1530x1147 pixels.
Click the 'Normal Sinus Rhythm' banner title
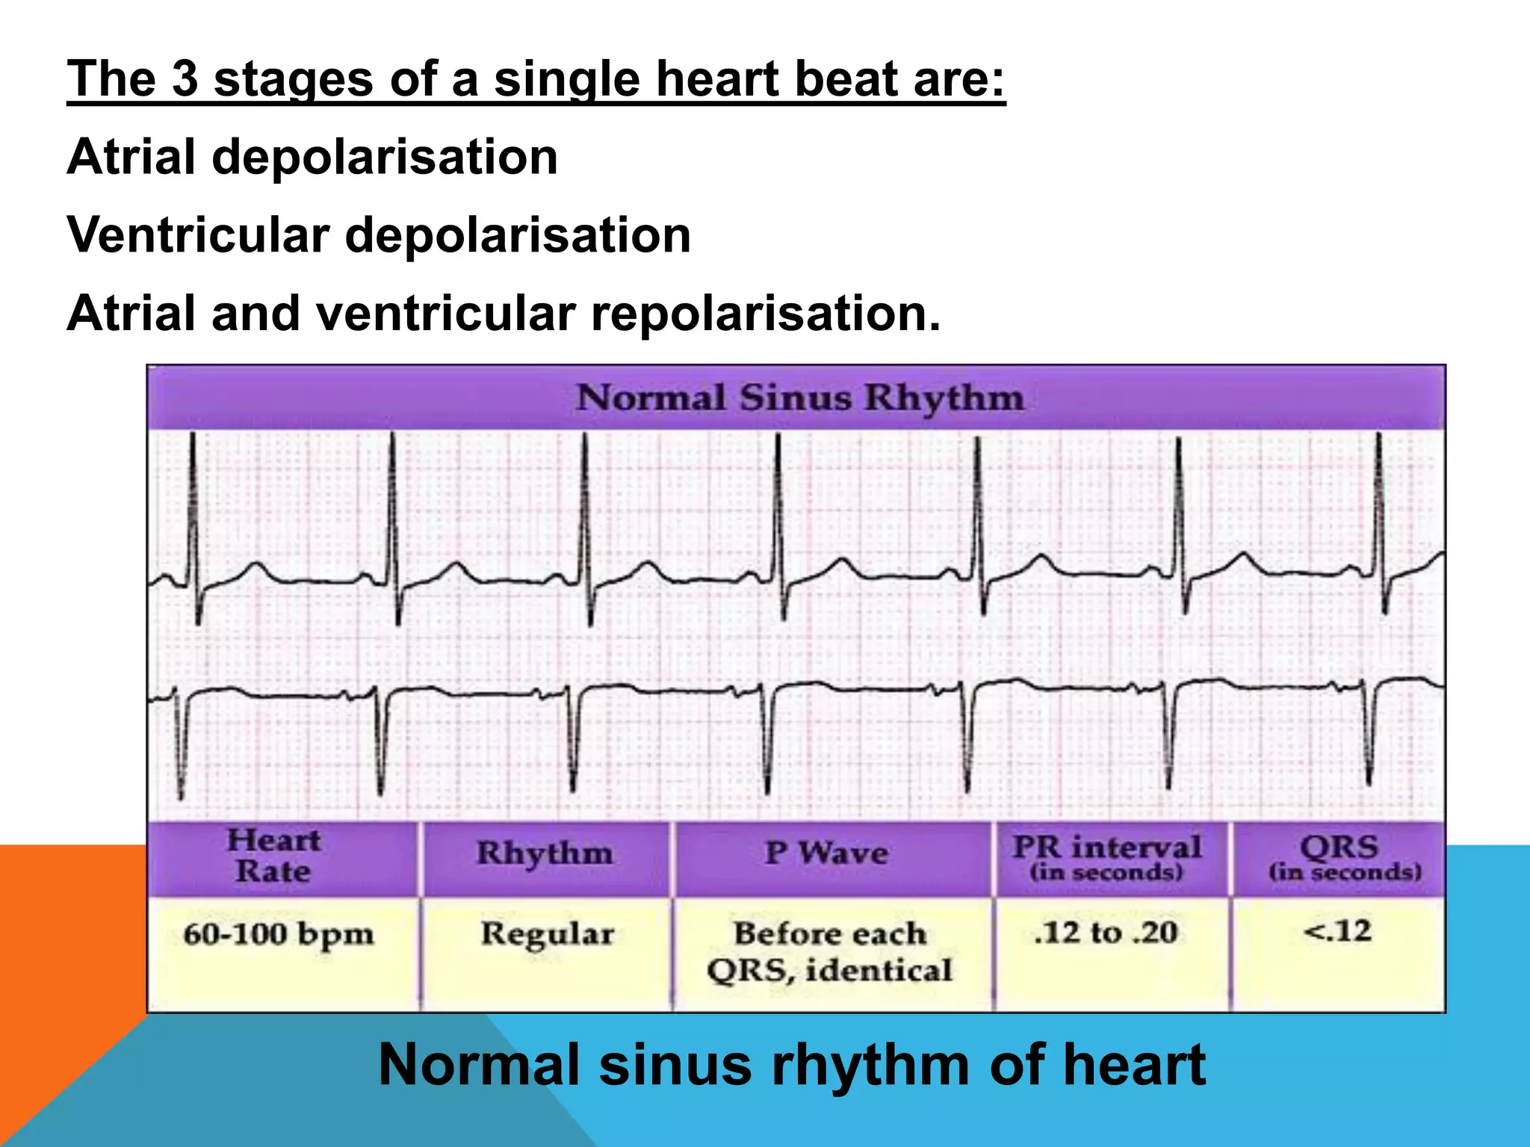(799, 397)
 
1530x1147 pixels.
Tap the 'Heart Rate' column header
(273, 856)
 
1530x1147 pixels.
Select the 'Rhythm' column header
(545, 853)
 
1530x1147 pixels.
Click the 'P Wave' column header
(826, 853)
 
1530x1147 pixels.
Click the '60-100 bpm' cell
(278, 933)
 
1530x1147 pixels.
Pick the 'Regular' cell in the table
(547, 933)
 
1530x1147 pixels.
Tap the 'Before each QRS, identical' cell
(829, 951)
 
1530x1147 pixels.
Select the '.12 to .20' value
(1106, 932)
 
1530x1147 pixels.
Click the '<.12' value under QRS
(1337, 931)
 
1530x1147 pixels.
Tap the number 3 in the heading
(185, 79)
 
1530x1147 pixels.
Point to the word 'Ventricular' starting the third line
(197, 235)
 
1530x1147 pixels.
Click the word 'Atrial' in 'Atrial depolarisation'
(131, 158)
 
